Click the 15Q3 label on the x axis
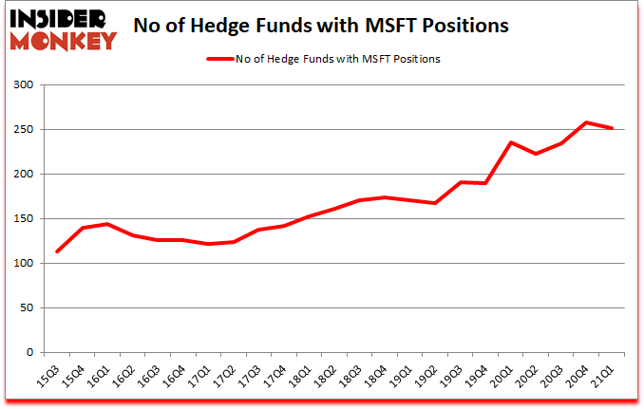tap(45, 375)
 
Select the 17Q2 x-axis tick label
tap(224, 375)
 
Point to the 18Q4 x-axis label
tap(378, 375)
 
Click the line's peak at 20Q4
tap(587, 122)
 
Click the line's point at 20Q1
tap(510, 142)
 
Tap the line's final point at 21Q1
tap(613, 128)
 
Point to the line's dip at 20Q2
tap(536, 154)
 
